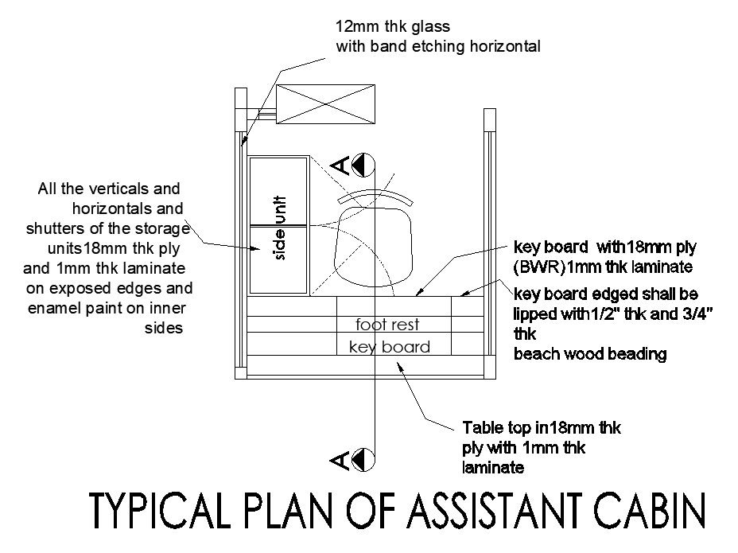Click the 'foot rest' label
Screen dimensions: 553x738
(387, 325)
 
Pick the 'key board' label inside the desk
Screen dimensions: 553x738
(390, 347)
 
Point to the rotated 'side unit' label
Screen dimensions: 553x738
(279, 228)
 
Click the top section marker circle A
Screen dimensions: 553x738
(363, 165)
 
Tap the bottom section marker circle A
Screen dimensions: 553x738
(363, 458)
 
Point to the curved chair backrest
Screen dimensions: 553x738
(375, 197)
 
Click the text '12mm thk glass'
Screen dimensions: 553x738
(393, 27)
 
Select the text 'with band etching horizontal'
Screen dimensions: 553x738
(438, 46)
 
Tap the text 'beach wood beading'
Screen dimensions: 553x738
(590, 353)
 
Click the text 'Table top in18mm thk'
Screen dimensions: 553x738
(542, 428)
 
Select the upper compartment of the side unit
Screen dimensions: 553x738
(278, 191)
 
